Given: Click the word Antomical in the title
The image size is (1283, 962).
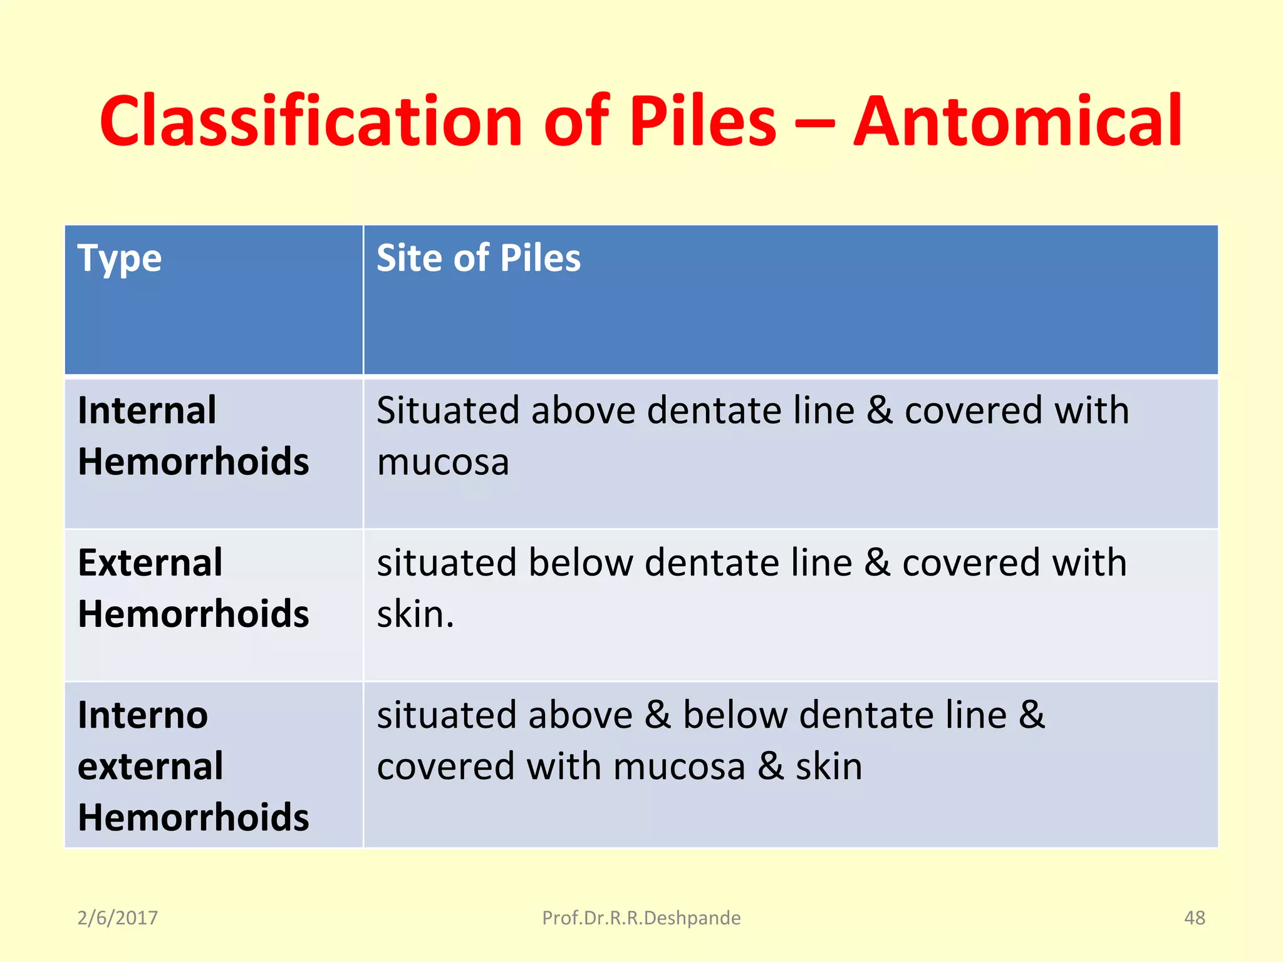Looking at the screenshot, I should [x=1017, y=122].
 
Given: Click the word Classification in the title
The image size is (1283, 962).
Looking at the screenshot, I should [x=311, y=122].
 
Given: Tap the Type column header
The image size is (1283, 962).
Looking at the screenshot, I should [x=120, y=259].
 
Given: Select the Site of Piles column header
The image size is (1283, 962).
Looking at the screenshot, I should [x=479, y=258].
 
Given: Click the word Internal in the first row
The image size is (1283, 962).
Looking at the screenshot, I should [x=147, y=411].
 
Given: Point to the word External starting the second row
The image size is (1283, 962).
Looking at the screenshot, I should [x=150, y=562].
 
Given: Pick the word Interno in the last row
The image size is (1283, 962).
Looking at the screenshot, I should [x=143, y=715].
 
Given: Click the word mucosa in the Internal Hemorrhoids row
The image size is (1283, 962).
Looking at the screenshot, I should [x=443, y=463].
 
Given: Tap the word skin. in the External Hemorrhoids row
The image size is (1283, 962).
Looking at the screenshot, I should [x=415, y=614].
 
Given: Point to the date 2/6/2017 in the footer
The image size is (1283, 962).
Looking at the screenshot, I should [x=118, y=918].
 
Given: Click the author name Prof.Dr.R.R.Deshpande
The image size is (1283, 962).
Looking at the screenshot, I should [x=641, y=918].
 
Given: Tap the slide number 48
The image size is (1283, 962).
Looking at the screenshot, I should [x=1195, y=918].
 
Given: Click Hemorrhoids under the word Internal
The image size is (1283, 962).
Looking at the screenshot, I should [x=194, y=462].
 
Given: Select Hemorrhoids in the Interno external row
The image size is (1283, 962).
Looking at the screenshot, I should [x=194, y=818].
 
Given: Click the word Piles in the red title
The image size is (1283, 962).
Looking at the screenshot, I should [x=702, y=122].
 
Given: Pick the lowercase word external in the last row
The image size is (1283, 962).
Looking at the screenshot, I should [x=150, y=767].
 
